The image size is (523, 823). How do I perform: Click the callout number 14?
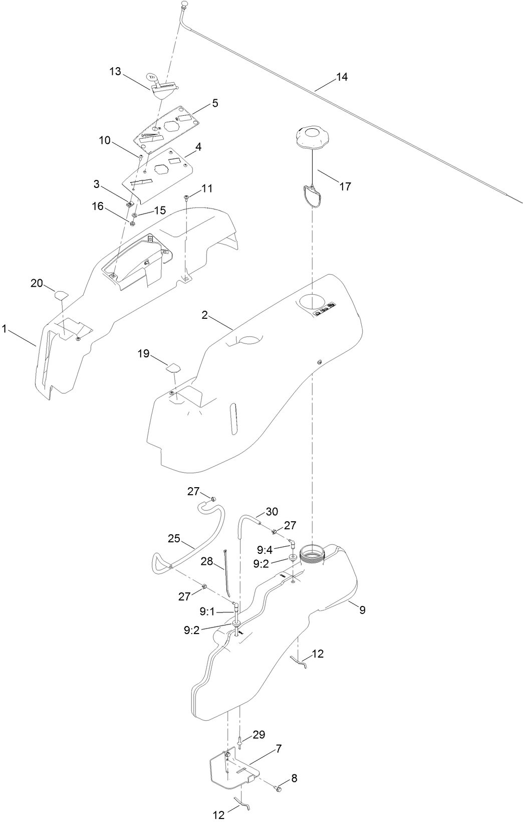[x=342, y=77]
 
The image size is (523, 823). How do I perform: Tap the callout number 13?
[x=115, y=72]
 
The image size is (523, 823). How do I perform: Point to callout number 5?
[x=215, y=103]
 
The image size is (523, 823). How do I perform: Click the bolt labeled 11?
[x=186, y=197]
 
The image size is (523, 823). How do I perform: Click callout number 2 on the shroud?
[x=204, y=315]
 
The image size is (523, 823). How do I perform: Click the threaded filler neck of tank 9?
[x=313, y=555]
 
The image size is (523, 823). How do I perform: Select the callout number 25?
[x=174, y=538]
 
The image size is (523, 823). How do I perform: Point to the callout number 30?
[x=272, y=512]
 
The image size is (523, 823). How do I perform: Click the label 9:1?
[x=207, y=611]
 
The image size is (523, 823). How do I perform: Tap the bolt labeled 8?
[x=279, y=790]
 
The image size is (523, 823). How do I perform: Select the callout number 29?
[x=258, y=734]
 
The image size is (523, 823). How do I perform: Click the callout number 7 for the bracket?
[x=279, y=749]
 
